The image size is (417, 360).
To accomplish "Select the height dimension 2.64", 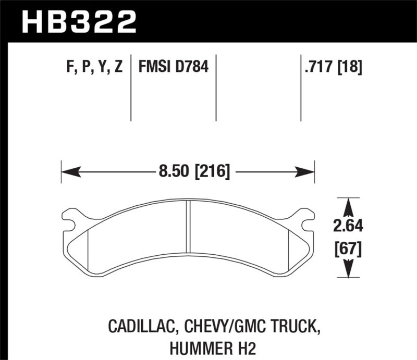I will coord(348,226).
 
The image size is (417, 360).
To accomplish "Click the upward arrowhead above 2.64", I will coord(348,205).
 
